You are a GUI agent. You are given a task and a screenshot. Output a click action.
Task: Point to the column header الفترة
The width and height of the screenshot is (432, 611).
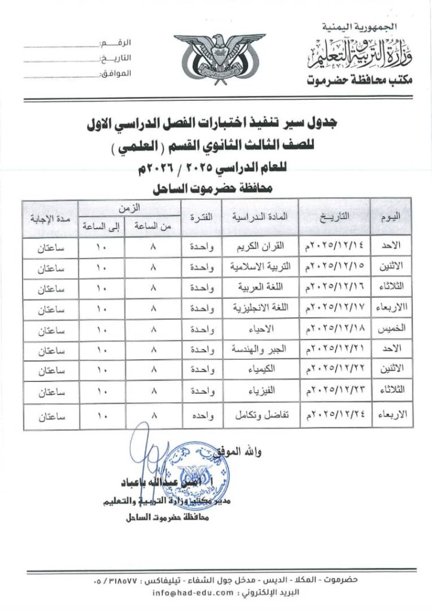click(201, 217)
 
